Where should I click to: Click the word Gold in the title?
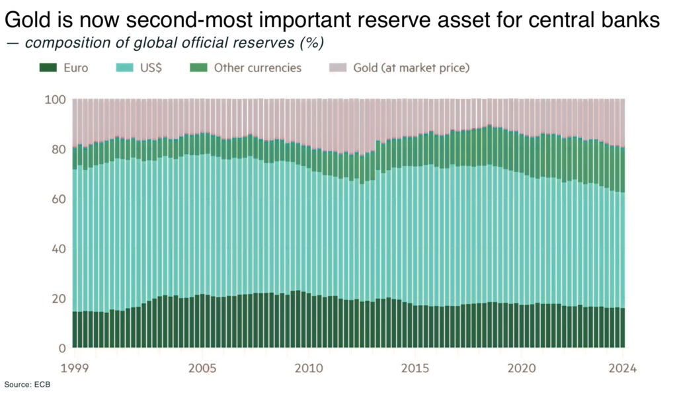27,20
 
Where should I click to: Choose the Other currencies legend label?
257,67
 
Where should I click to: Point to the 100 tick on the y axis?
56,100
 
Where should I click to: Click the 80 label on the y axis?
59,149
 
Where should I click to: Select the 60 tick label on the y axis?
59,199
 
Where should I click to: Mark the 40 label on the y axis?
59,249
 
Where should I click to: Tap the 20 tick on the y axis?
59,298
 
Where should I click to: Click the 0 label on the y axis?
62,348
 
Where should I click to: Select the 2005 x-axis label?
202,368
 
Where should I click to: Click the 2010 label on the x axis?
309,368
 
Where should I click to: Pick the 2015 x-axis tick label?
417,368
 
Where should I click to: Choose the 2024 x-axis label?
622,368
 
